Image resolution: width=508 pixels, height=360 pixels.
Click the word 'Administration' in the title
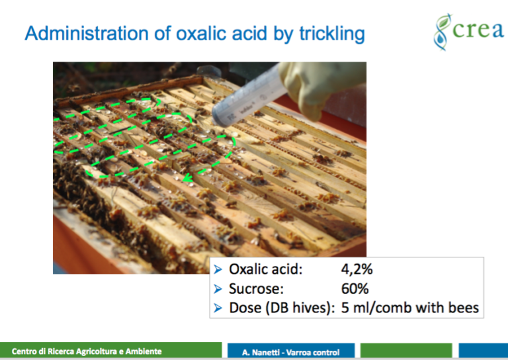tap(87, 33)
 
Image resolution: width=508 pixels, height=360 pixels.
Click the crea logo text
tap(478, 30)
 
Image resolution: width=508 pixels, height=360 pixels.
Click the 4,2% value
tap(357, 269)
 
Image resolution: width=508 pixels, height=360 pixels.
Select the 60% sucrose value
tap(355, 289)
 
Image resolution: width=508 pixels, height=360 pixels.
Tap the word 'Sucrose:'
tap(256, 289)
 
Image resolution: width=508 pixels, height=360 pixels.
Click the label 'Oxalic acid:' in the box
tap(265, 269)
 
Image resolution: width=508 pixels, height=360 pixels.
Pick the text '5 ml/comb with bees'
tap(410, 308)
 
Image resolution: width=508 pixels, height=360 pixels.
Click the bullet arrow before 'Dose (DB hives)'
tap(218, 308)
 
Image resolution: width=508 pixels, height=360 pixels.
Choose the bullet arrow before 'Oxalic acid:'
tap(218, 269)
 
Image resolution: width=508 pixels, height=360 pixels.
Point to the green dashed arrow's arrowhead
tap(188, 178)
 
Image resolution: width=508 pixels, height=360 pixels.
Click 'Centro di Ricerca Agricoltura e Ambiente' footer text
tap(87, 351)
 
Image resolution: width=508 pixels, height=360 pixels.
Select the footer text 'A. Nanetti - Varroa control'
tap(290, 352)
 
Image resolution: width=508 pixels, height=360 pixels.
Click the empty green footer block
tap(406, 351)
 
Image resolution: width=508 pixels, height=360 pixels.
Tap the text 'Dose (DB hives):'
tap(282, 308)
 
